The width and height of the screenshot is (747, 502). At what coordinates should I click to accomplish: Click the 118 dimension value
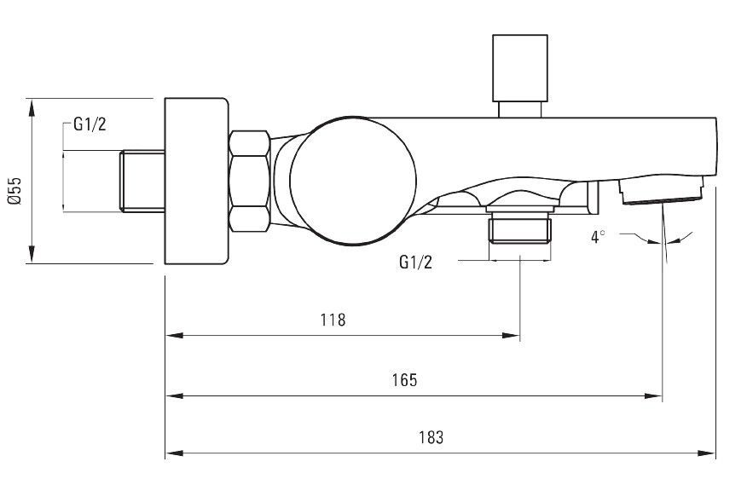(x=333, y=320)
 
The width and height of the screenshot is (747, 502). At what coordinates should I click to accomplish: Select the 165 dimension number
(x=404, y=380)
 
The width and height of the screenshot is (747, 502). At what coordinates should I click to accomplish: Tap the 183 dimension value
(x=431, y=437)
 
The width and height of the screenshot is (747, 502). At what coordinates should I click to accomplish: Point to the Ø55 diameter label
(x=14, y=191)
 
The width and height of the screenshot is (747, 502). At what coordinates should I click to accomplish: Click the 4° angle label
(x=598, y=237)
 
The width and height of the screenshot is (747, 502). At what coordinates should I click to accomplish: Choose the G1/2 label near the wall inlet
(x=90, y=124)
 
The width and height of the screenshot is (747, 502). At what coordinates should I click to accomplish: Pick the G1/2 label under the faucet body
(x=415, y=262)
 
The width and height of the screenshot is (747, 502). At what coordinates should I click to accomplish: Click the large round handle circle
(x=352, y=181)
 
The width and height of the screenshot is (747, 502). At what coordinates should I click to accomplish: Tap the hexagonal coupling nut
(x=250, y=181)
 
